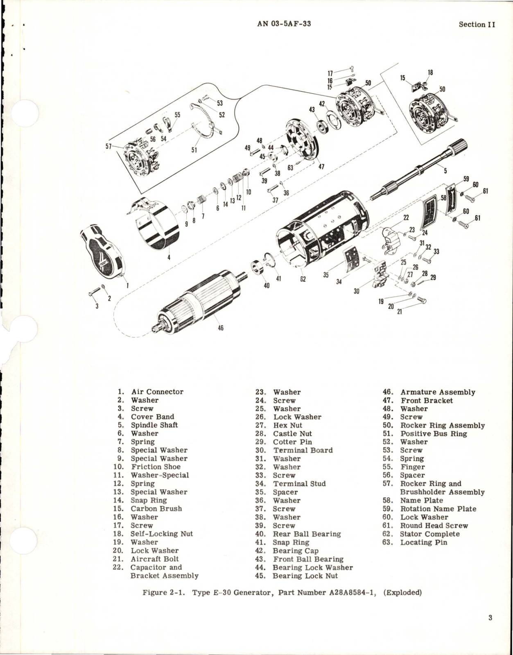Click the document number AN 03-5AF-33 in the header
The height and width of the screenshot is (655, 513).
(x=284, y=24)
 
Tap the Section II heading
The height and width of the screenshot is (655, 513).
(x=477, y=25)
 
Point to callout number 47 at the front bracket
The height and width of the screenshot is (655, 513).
(x=321, y=166)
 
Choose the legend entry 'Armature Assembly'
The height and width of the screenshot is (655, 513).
(x=438, y=392)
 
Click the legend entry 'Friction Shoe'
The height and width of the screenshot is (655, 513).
(x=156, y=467)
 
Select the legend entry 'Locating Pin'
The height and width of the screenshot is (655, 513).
(x=424, y=542)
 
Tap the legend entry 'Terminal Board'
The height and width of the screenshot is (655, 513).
(x=303, y=450)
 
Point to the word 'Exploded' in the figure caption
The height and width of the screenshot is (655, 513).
(x=402, y=593)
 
